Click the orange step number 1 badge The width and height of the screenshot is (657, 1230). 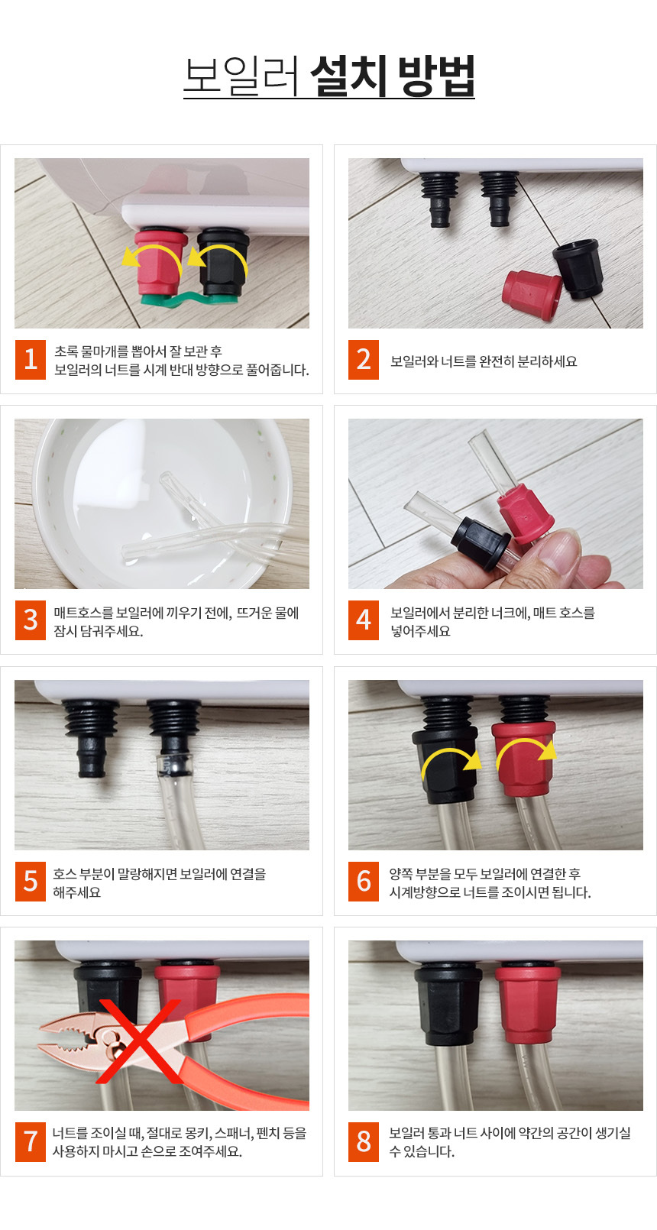[x=31, y=360]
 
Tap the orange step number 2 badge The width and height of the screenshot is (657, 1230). [x=364, y=360]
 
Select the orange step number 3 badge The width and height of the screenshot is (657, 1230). [x=31, y=620]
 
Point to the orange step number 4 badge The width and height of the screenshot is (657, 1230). [x=364, y=620]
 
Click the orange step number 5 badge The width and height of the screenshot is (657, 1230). [x=31, y=882]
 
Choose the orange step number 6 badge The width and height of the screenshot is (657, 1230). [x=364, y=882]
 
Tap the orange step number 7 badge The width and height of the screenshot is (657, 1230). [x=31, y=1142]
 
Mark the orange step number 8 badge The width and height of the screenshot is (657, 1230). [x=364, y=1142]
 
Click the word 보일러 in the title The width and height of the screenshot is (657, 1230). [x=241, y=76]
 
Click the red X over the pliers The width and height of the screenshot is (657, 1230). [x=138, y=1041]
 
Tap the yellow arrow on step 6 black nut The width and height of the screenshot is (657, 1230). [x=451, y=757]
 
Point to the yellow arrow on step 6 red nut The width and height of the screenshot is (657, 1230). [x=526, y=747]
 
